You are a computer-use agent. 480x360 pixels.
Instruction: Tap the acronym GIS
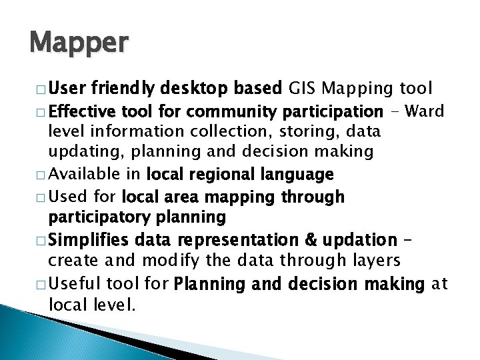tap(303, 87)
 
